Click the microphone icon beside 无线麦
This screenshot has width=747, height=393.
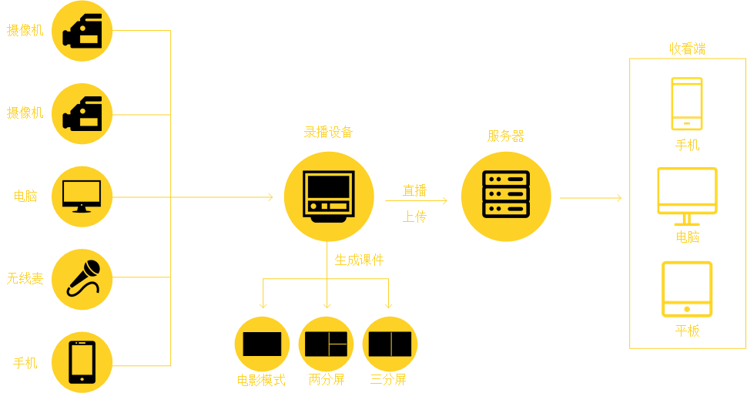pos(82,279)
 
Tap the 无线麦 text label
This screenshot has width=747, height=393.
pos(25,278)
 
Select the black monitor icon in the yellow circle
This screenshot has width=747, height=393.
pos(82,196)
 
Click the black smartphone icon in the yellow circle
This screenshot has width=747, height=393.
pos(82,362)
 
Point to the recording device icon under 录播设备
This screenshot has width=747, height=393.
pos(329,196)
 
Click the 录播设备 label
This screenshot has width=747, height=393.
pos(328,132)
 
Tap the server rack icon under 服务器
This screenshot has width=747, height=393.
pos(506,196)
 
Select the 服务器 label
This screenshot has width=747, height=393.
pos(506,136)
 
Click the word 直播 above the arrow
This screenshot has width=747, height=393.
pos(414,190)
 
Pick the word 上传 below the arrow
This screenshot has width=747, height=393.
pos(414,217)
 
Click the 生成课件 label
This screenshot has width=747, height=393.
pos(359,260)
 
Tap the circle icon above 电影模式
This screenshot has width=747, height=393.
pos(262,344)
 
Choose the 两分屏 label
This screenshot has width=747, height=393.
pos(327,379)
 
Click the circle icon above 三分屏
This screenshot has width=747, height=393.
pos(390,344)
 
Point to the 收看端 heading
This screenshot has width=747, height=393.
pos(687,49)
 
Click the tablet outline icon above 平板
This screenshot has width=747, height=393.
pos(687,289)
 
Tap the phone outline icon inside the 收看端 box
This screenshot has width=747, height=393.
pos(687,103)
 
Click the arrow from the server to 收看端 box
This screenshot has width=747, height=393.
pos(591,198)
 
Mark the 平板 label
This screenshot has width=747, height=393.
pos(687,331)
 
